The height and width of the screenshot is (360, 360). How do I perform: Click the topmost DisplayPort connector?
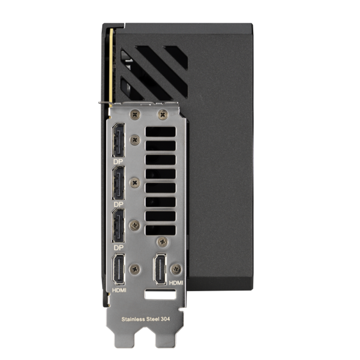tap(118, 140)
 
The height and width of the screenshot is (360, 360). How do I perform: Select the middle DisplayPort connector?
tap(118, 183)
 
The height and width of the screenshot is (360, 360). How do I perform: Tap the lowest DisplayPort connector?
tap(118, 226)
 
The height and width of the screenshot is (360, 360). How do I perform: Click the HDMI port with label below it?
tap(118, 269)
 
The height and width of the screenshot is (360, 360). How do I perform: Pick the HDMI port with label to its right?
tap(160, 269)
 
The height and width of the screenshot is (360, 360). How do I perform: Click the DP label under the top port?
tap(118, 161)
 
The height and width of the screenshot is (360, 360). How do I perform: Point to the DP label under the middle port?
tap(118, 205)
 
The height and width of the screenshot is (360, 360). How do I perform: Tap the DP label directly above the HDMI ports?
tap(118, 247)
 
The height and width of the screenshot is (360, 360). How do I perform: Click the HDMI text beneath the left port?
tap(119, 290)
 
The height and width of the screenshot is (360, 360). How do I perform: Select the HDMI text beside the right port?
tap(176, 283)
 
